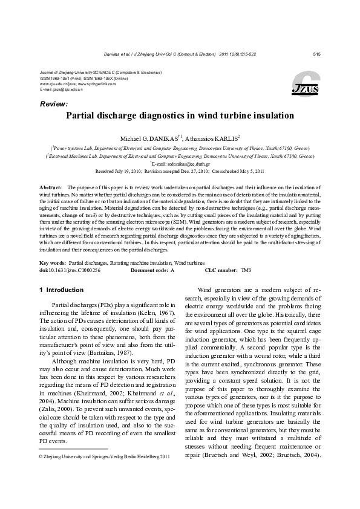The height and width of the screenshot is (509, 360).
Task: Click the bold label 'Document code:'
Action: point(149,271)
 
